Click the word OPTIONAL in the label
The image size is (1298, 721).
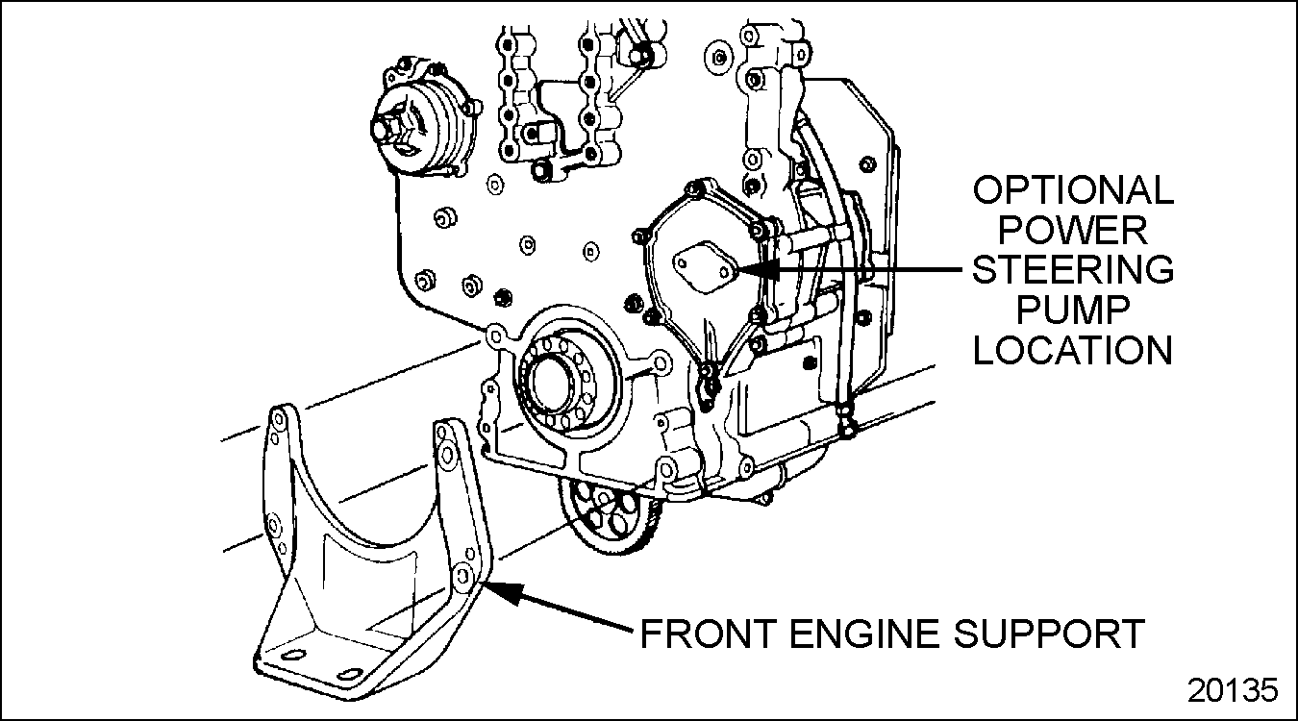1073,191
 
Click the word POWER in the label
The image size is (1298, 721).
1073,231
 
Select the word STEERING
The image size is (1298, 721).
1073,270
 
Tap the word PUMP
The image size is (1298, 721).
1073,310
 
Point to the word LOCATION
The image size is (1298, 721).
1073,349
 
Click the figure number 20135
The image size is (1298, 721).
1233,690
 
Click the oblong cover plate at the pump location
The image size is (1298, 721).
705,268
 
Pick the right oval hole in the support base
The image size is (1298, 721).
353,672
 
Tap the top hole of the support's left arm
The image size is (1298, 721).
277,418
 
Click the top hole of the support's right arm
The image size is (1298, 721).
445,435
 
